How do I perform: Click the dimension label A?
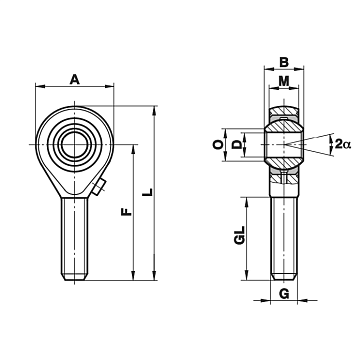pyautogui.click(x=75, y=80)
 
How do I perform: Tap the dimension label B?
pyautogui.click(x=284, y=62)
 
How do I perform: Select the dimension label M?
pyautogui.click(x=284, y=81)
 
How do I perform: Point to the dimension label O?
pyautogui.click(x=218, y=145)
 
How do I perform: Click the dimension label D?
pyautogui.click(x=237, y=145)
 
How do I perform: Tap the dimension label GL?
pyautogui.click(x=240, y=235)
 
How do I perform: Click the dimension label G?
pyautogui.click(x=284, y=294)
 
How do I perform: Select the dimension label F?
pyautogui.click(x=127, y=211)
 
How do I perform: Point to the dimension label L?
pyautogui.click(x=148, y=192)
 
